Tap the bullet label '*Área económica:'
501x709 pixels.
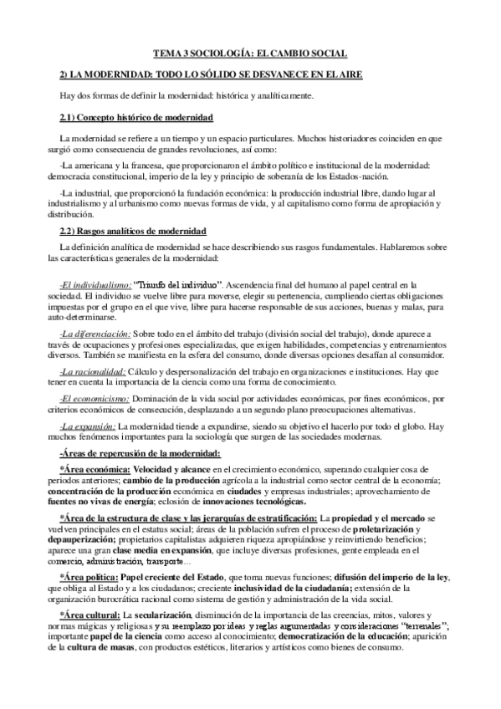[x=101, y=470]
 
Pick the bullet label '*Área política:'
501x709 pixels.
[x=95, y=577]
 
